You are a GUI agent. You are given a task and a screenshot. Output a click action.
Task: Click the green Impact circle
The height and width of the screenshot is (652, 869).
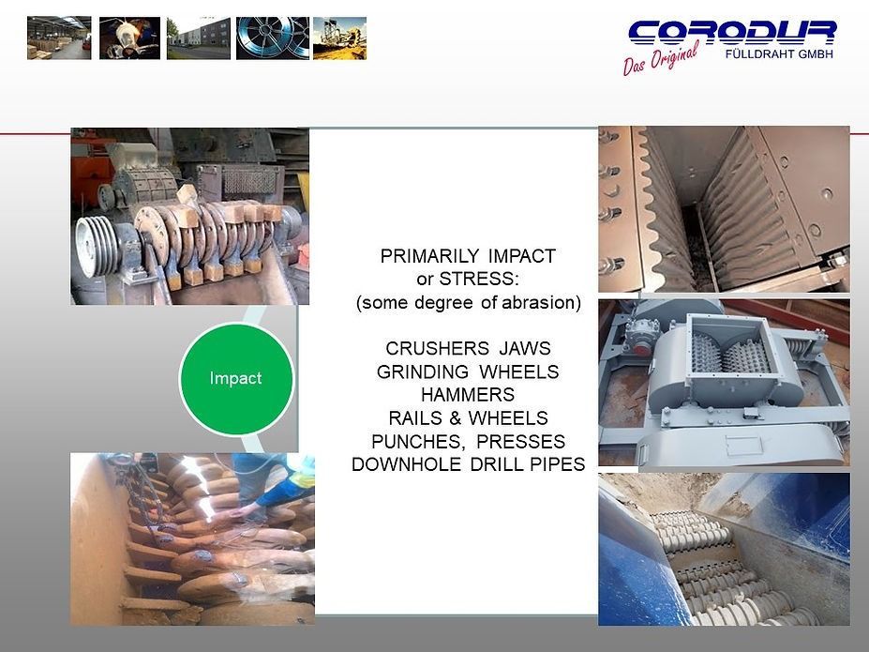point(235,378)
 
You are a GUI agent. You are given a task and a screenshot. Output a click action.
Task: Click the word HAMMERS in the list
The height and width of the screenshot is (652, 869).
point(467,394)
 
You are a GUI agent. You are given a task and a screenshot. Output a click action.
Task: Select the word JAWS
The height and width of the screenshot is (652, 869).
point(525,349)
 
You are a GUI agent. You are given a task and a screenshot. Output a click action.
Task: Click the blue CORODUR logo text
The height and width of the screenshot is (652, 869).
point(731,33)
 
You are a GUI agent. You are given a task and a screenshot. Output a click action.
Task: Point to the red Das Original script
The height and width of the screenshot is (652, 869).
point(661,60)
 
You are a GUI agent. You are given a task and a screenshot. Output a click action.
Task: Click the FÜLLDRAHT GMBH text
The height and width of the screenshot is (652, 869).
point(779,53)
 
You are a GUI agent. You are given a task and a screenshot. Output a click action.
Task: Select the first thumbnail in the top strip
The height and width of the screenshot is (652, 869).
point(59,38)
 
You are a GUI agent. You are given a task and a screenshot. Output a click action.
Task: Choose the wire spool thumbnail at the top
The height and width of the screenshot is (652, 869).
point(272,38)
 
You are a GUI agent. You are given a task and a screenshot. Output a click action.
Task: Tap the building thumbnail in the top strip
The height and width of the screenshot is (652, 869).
point(199,38)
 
